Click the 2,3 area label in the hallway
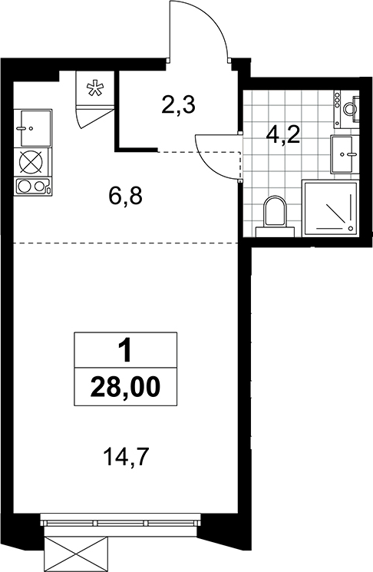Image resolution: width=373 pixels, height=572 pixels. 178,105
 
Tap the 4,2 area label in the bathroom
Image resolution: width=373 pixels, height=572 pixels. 282,136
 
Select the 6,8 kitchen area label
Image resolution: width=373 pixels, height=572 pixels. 125,197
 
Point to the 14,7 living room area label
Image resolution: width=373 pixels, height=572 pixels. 127,457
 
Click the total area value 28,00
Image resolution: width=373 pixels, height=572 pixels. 125,387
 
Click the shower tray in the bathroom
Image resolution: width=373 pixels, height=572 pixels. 330,209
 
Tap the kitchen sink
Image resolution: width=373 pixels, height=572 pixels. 33,128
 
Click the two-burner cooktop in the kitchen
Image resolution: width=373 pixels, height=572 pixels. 32,187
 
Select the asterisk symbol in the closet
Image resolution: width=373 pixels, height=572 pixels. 94,88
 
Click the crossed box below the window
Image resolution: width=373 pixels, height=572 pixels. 77,548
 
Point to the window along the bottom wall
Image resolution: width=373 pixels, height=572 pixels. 120,519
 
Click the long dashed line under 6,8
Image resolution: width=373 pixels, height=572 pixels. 125,243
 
